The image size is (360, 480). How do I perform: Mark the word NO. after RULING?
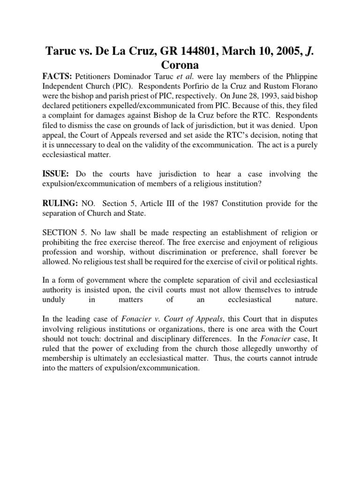point(88,204)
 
